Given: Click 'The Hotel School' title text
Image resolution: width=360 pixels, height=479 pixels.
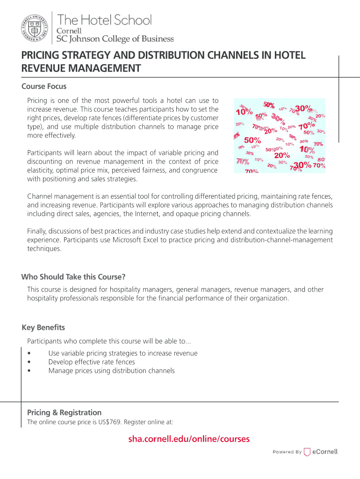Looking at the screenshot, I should (x=104, y=20).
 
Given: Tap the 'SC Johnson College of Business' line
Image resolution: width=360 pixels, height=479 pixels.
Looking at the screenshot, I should (x=115, y=39).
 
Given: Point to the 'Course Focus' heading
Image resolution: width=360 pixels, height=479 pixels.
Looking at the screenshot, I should (x=44, y=87).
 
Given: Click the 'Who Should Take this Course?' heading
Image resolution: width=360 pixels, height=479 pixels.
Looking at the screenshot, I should (x=73, y=277).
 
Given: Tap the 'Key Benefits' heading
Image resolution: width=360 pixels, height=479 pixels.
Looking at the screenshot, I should (x=43, y=327).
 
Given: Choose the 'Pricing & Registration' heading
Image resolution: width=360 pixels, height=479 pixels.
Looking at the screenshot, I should (x=64, y=413).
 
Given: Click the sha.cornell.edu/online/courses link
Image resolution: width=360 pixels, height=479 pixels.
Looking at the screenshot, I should (x=189, y=439).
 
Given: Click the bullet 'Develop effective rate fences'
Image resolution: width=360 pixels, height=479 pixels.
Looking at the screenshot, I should (x=92, y=362).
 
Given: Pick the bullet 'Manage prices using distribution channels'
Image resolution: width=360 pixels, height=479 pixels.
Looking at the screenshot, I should (x=111, y=371).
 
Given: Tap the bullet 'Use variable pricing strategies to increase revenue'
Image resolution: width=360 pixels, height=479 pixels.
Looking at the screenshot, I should (x=122, y=354).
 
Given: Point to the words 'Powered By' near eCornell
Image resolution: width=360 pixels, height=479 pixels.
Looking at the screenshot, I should (x=287, y=452).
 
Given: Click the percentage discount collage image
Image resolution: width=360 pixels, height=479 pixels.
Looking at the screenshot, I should (x=279, y=136).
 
